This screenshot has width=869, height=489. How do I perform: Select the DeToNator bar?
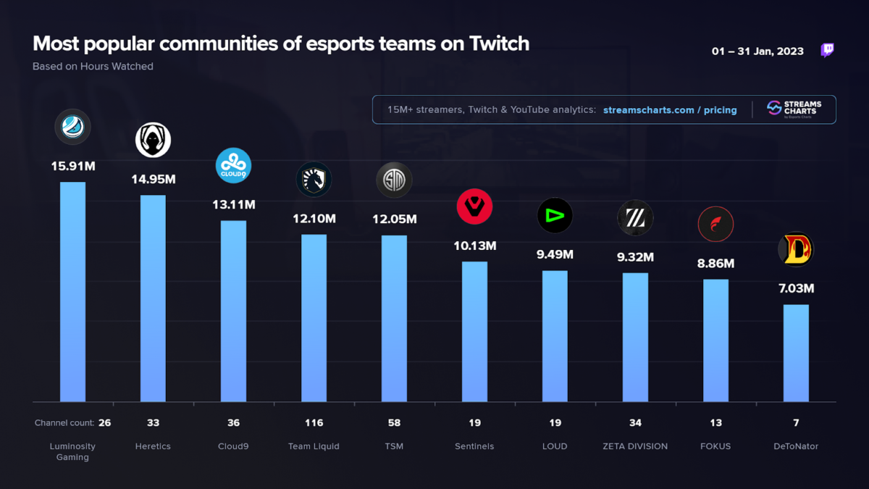click(796, 353)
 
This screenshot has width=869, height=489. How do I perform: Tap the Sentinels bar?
click(474, 331)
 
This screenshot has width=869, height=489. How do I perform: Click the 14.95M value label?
click(153, 179)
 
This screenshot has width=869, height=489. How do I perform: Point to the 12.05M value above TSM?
click(394, 219)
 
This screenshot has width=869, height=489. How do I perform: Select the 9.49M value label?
click(555, 254)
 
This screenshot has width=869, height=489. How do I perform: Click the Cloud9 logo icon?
click(233, 165)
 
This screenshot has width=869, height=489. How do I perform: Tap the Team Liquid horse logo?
click(314, 179)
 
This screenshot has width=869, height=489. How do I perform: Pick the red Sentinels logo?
click(474, 206)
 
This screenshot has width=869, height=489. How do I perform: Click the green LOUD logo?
click(555, 215)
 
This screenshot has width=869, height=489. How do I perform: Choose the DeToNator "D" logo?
click(796, 249)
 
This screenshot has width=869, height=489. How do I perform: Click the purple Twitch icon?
click(827, 50)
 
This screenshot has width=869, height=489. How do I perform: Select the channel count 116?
click(314, 423)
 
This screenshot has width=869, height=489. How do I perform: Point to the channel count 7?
click(796, 423)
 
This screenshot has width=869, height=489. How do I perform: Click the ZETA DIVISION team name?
click(635, 446)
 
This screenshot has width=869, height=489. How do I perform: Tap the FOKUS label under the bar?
click(715, 446)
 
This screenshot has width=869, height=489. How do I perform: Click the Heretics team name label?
click(153, 446)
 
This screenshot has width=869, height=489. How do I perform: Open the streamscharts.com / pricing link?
click(670, 110)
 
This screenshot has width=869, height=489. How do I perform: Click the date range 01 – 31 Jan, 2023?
click(757, 51)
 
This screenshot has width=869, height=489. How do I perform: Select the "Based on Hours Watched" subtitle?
click(93, 66)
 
